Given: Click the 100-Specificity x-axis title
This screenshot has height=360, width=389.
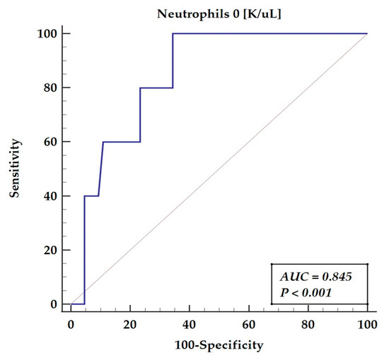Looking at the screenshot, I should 219,346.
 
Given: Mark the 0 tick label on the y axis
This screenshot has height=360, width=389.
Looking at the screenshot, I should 55,304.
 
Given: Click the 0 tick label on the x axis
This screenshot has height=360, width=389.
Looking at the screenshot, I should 71,323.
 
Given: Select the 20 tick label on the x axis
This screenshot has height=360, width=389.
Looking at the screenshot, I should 130,323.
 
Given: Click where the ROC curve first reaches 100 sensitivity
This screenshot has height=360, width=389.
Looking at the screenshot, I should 173,33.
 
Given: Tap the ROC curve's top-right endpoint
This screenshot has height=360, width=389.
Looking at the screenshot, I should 367,33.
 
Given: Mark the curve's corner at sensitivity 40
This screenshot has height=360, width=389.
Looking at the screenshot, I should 85,196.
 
